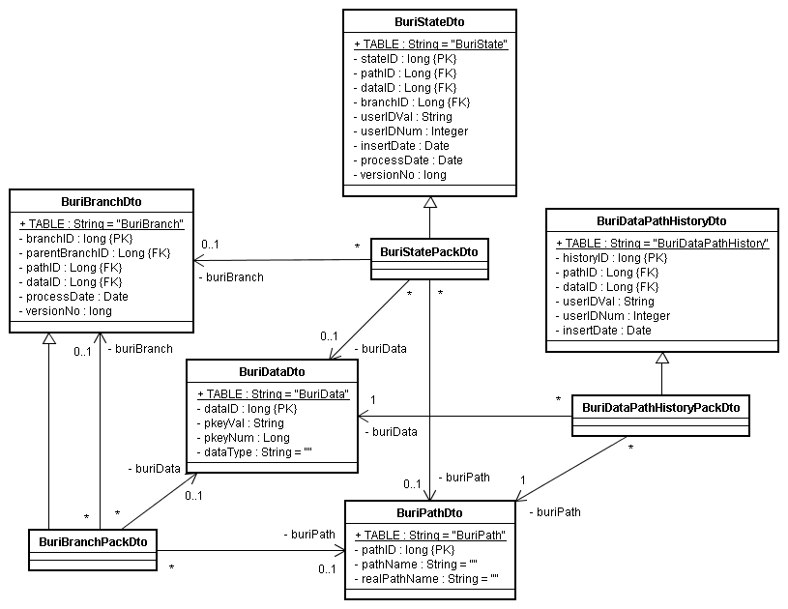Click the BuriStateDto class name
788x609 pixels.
click(x=430, y=22)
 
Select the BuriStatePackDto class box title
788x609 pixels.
click(x=429, y=252)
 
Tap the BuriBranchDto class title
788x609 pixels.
click(x=102, y=202)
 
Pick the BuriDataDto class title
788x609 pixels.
click(x=272, y=372)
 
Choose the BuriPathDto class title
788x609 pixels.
click(x=430, y=513)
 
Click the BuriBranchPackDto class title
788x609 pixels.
click(x=92, y=542)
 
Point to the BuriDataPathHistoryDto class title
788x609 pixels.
click(x=661, y=221)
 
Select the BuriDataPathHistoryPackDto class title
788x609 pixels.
click(x=660, y=407)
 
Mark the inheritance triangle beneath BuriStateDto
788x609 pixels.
click(x=430, y=202)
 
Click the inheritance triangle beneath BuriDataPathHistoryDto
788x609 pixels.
click(x=661, y=359)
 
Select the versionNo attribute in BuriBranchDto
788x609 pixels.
click(x=65, y=311)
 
